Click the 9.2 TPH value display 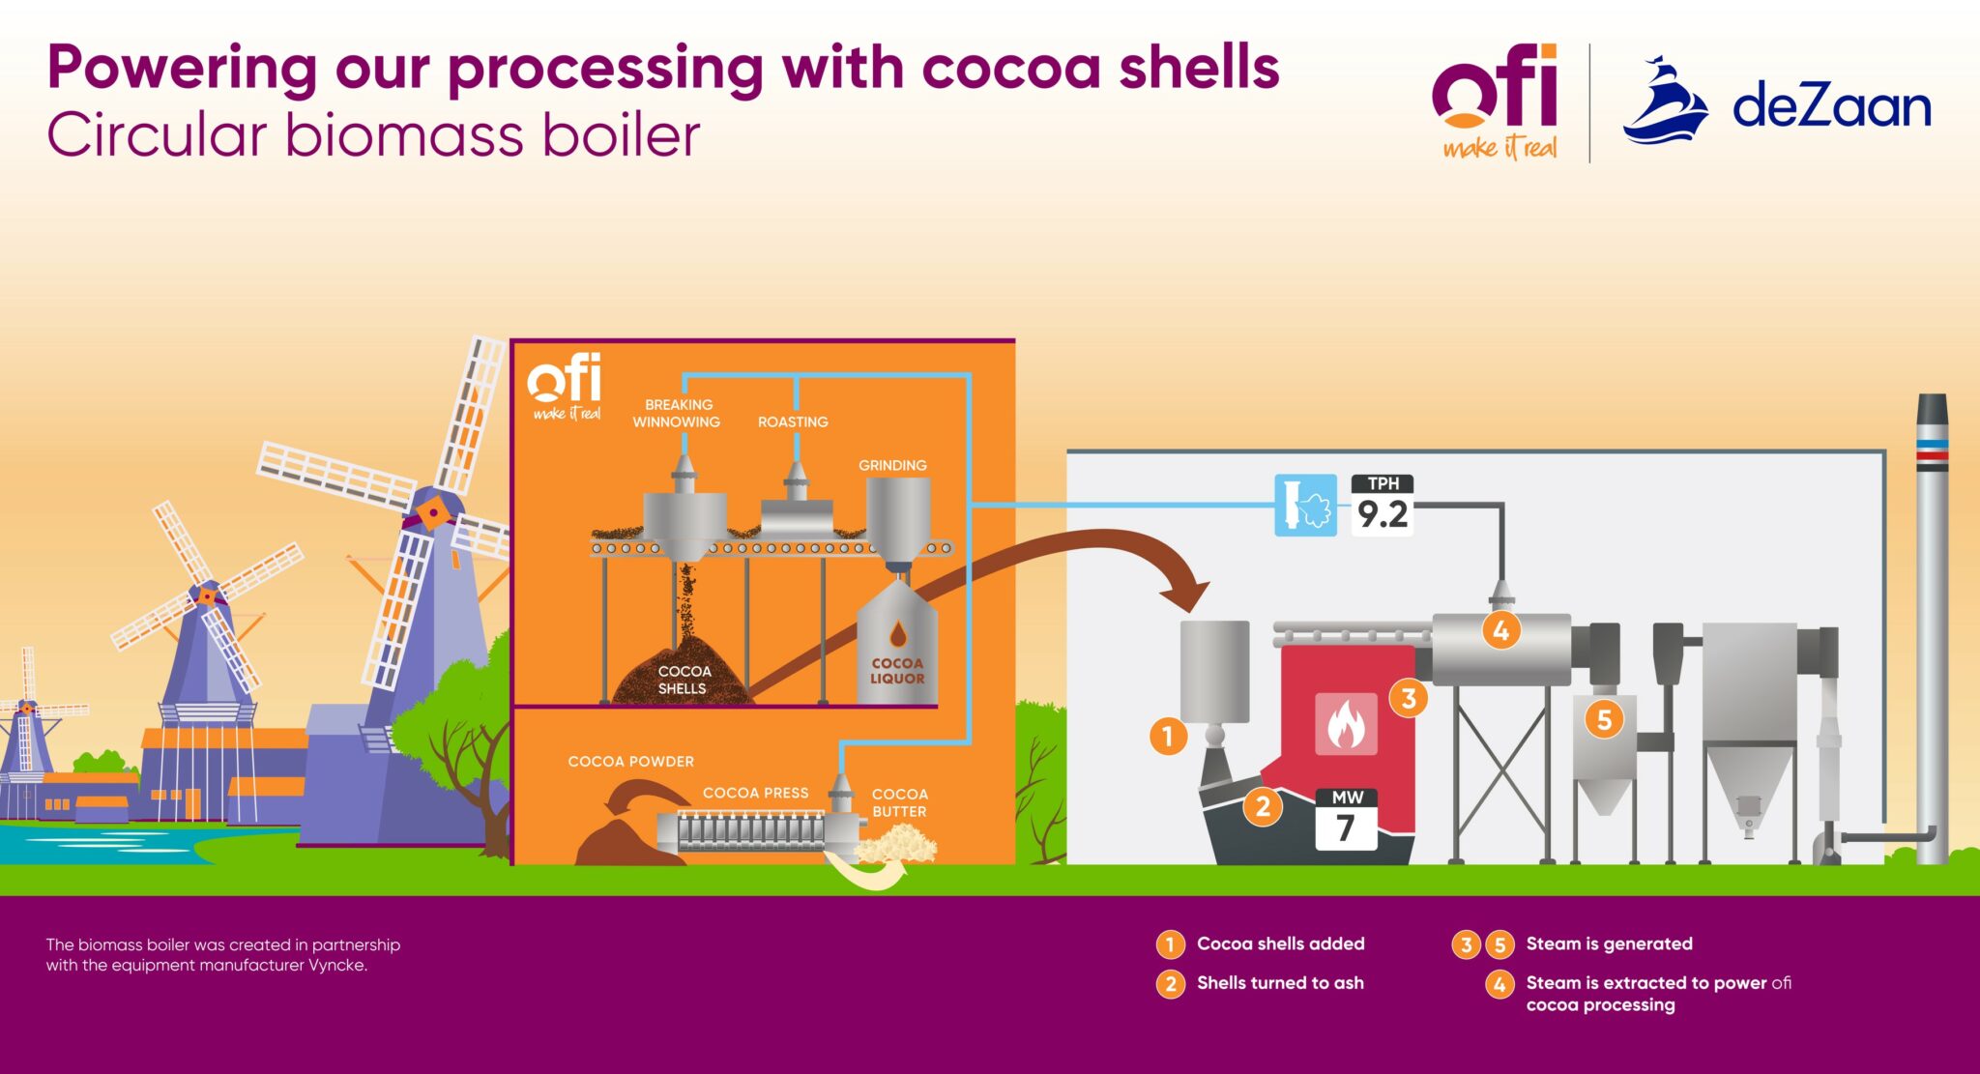[x=1383, y=507]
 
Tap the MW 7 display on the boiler [x=1346, y=820]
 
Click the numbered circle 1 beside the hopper [x=1168, y=737]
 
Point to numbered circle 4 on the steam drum [x=1500, y=631]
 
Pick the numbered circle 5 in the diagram [x=1604, y=719]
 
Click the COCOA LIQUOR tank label [x=897, y=671]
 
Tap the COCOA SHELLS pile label [x=683, y=680]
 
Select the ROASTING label [x=793, y=422]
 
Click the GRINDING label [x=892, y=466]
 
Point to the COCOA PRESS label [x=755, y=793]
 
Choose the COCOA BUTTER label [x=899, y=803]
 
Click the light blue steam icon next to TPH [x=1305, y=505]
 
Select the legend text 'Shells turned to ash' [x=1280, y=983]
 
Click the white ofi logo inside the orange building [x=566, y=386]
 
